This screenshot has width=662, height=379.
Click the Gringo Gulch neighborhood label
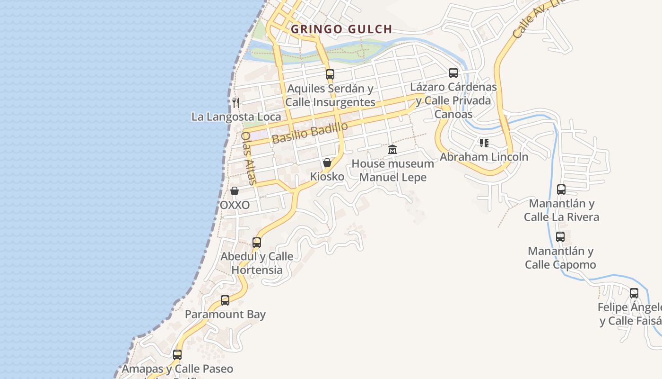[341, 29]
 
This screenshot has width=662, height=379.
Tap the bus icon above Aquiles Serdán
[330, 74]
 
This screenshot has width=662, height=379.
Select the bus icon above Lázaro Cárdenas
[453, 73]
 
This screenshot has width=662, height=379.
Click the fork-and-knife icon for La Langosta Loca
[236, 102]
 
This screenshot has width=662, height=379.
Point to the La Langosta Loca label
[236, 117]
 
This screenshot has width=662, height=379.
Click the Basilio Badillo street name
[310, 133]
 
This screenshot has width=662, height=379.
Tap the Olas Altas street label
[249, 158]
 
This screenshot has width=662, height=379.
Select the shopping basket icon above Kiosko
[327, 162]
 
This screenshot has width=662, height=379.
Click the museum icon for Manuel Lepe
[392, 150]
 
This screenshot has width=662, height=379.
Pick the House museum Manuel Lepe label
[392, 171]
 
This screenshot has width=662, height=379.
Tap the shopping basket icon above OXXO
[235, 191]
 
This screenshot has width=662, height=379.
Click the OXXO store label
[235, 205]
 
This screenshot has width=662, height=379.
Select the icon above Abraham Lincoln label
[484, 143]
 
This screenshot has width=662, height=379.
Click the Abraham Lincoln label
[484, 157]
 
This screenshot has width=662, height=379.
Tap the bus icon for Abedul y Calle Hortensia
[257, 243]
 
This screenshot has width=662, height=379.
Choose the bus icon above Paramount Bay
[225, 300]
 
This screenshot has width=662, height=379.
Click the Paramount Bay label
[225, 315]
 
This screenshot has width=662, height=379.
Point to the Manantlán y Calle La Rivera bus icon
[561, 189]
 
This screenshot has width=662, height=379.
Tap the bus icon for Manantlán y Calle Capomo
[560, 237]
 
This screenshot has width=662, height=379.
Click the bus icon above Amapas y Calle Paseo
[177, 354]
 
